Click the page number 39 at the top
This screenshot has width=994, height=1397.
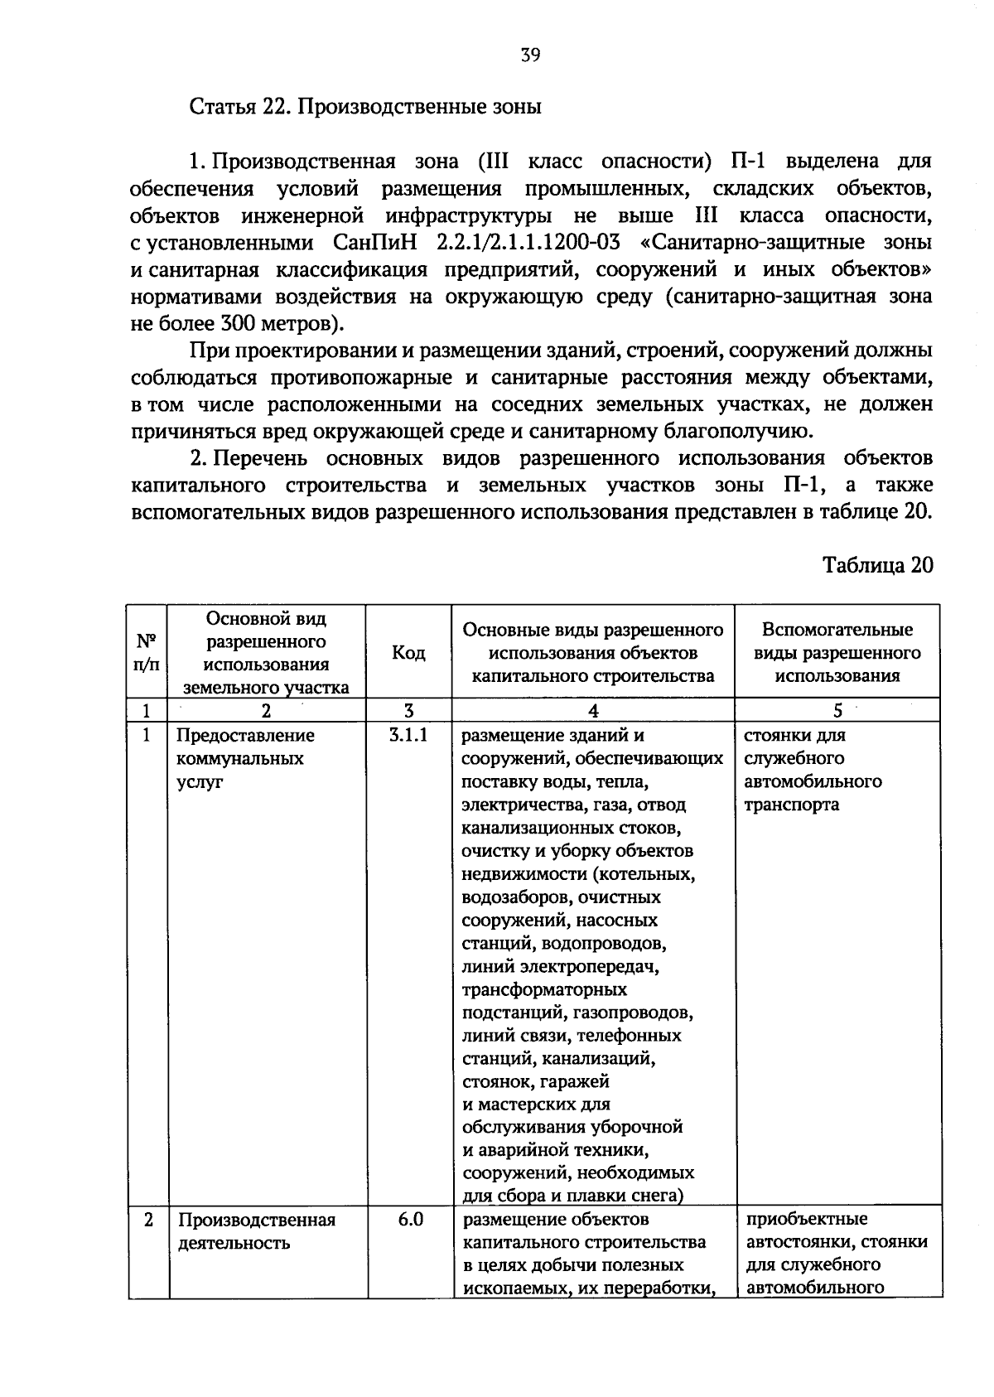click(530, 56)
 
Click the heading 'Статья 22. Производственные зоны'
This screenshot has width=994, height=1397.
click(365, 108)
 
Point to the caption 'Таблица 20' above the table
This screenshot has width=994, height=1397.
click(877, 565)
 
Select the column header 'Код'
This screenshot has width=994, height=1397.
click(408, 653)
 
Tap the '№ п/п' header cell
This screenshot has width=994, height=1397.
click(147, 653)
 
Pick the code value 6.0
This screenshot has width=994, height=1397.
click(408, 1220)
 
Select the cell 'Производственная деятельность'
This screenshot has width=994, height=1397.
click(257, 1231)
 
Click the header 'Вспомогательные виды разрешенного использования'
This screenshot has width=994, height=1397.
click(837, 653)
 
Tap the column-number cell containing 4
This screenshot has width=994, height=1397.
click(593, 711)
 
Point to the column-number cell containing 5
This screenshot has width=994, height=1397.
click(837, 711)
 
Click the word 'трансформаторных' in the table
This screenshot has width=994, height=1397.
click(544, 990)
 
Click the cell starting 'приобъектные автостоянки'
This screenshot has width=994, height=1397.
click(836, 1254)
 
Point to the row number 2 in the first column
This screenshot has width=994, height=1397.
click(147, 1220)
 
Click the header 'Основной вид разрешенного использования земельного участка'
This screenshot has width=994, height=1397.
click(266, 653)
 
